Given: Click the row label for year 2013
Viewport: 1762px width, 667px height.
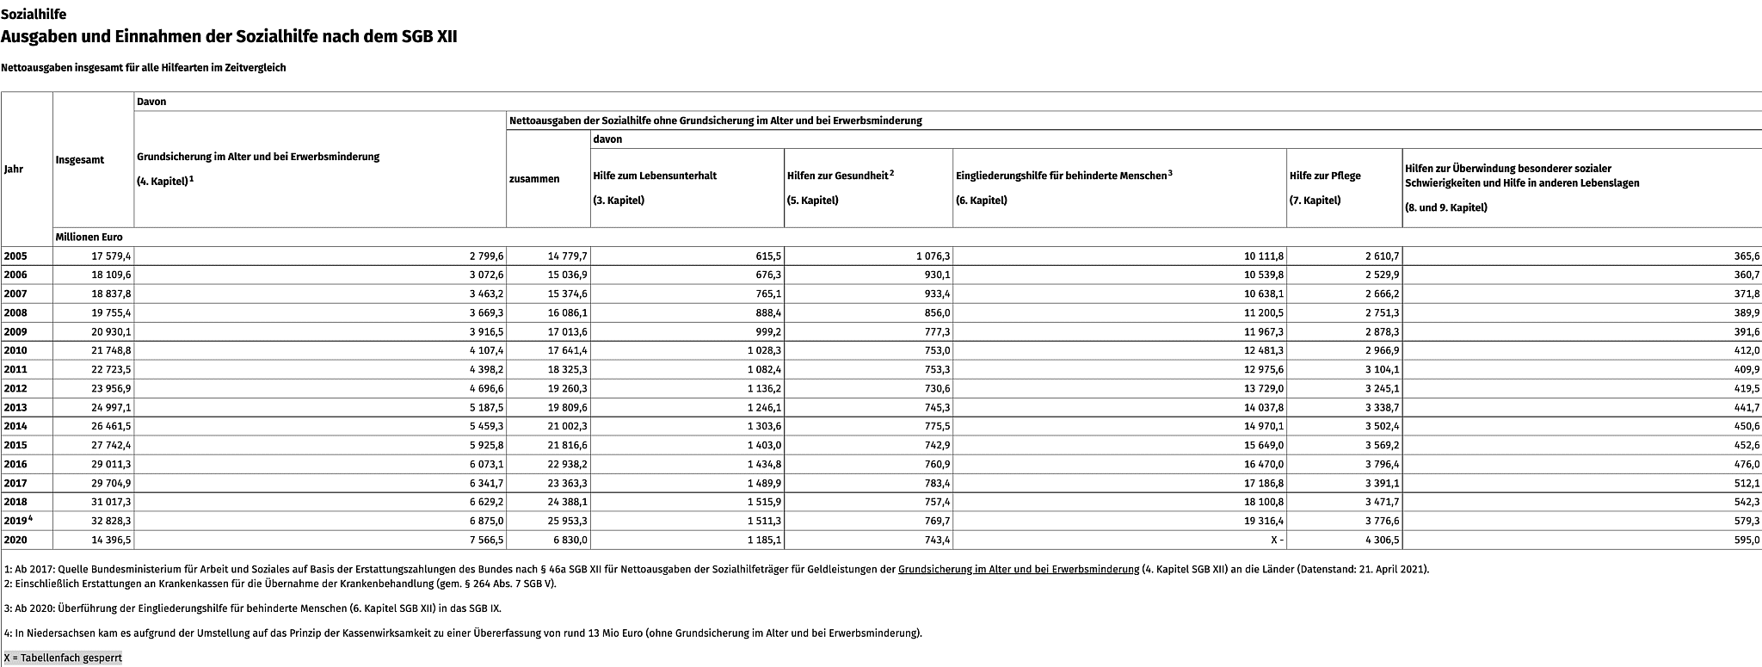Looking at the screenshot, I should (x=15, y=407).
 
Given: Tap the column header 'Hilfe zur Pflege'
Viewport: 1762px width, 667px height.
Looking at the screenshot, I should (x=1325, y=176).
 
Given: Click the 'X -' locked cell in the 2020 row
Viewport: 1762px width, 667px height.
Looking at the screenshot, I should (x=1276, y=540).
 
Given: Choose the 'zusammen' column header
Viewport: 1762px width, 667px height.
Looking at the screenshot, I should (x=534, y=179).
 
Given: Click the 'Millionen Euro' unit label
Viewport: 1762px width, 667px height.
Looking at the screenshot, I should (x=89, y=237).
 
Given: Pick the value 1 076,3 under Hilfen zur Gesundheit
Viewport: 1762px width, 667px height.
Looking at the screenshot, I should (x=933, y=256).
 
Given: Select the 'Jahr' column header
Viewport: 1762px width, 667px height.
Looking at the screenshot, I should (x=14, y=169).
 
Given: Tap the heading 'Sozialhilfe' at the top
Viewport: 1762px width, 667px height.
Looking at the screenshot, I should (x=34, y=15).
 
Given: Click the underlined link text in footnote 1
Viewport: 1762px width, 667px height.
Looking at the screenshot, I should (x=1018, y=569).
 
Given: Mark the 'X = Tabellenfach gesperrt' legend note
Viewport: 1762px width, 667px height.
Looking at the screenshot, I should (x=63, y=658).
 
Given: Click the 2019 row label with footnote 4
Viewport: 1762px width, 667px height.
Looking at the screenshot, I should (x=17, y=521).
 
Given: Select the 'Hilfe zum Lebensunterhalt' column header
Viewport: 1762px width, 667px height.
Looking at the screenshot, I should (x=655, y=176).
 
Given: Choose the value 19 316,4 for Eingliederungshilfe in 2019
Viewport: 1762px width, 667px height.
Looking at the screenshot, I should (x=1264, y=521).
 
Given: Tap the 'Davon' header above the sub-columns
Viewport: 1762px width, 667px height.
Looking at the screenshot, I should (x=151, y=102).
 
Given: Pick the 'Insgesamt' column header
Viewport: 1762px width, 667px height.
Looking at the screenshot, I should (x=80, y=160).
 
